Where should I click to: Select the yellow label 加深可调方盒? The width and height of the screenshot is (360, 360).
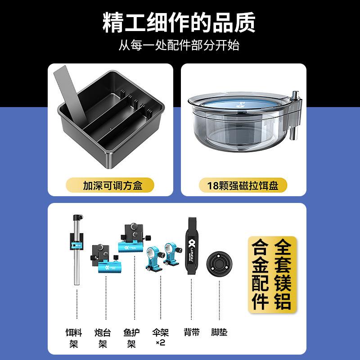110,185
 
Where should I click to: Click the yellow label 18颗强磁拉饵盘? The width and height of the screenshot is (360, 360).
243,185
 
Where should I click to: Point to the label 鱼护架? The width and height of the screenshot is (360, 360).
131,338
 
